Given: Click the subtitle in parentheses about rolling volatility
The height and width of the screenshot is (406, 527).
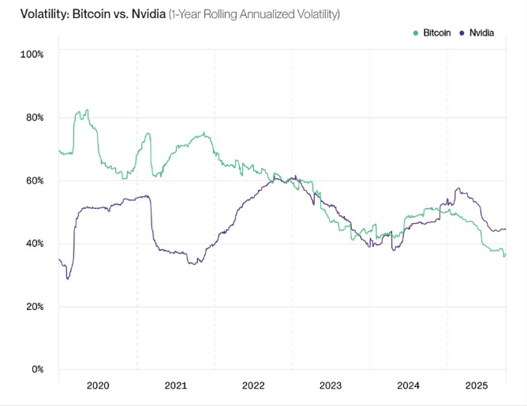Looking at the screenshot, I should click(x=254, y=13).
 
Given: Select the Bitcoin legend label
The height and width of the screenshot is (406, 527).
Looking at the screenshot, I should click(x=436, y=32).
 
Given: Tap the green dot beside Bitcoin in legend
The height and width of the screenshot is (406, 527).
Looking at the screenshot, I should click(x=416, y=32).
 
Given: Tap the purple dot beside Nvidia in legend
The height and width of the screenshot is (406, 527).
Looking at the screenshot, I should click(x=462, y=32).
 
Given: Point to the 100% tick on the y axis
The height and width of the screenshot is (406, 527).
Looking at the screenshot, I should click(x=32, y=54).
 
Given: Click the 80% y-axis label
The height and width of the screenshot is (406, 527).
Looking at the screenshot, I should click(x=34, y=117).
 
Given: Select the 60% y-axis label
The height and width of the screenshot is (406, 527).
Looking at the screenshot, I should click(x=34, y=181).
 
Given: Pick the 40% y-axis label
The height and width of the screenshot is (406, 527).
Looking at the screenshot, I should click(x=34, y=244).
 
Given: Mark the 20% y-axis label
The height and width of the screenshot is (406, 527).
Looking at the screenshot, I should click(x=34, y=307).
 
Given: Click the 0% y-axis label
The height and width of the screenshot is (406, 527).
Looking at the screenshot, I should click(x=36, y=370).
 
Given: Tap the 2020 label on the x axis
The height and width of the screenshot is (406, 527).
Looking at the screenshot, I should click(x=98, y=386).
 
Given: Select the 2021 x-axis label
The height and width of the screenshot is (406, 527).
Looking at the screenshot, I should click(x=175, y=386).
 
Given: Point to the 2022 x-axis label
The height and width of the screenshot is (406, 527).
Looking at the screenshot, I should click(x=253, y=386).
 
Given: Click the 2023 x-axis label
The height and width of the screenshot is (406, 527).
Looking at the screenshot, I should click(x=331, y=386).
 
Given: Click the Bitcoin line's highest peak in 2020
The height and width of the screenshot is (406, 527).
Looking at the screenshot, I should click(x=86, y=110).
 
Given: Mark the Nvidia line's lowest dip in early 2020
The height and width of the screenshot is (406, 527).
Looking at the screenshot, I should click(x=68, y=278).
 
